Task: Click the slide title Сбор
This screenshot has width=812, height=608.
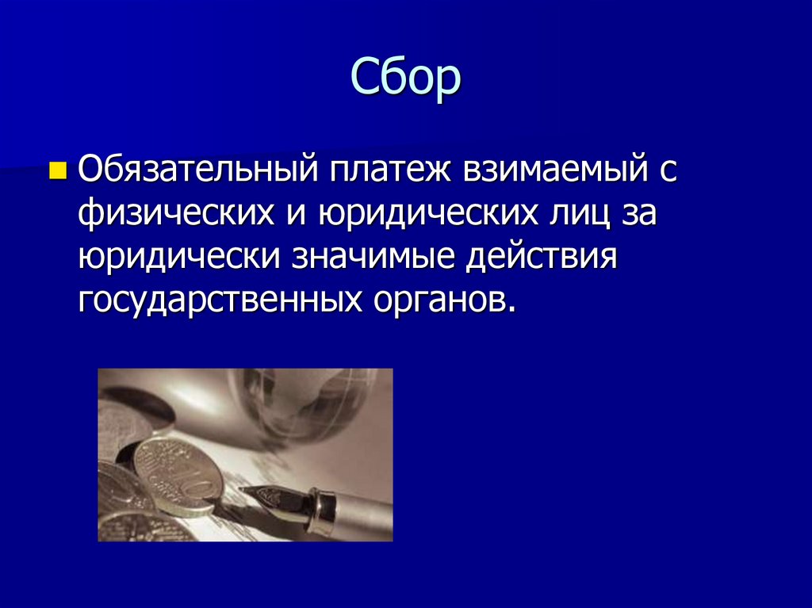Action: pyautogui.click(x=404, y=78)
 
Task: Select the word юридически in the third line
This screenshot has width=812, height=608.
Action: pyautogui.click(x=181, y=258)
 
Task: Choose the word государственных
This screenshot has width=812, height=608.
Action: pyautogui.click(x=216, y=301)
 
